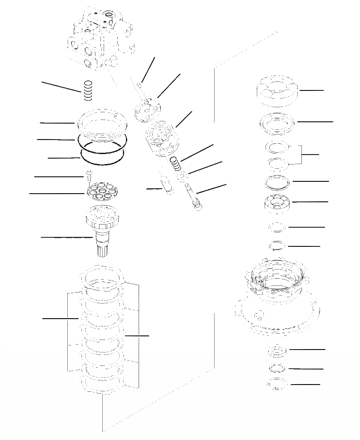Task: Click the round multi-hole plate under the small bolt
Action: pos(104,193)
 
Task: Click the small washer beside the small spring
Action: pos(182,176)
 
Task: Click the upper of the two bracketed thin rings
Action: pos(276,148)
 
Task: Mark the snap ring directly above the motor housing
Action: pos(276,246)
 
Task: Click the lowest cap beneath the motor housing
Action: pos(276,385)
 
